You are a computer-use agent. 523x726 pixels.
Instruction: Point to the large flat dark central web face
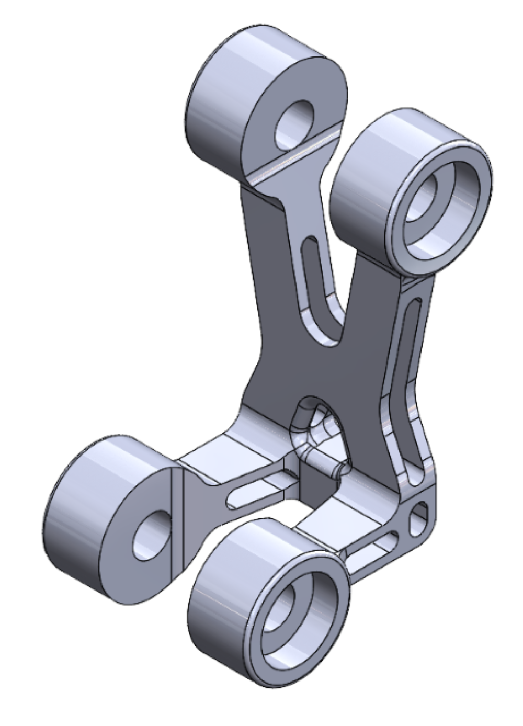click(314, 366)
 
